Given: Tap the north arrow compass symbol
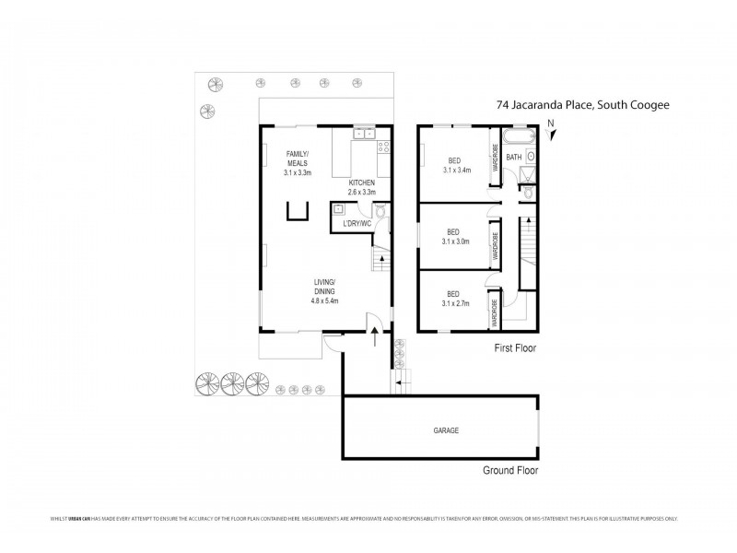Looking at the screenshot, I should tap(551, 133).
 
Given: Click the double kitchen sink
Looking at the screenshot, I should tap(364, 135).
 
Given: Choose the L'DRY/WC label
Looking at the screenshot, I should tap(357, 222).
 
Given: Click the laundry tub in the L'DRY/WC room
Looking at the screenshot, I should tap(340, 209).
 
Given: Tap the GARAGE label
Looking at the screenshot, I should tap(446, 430).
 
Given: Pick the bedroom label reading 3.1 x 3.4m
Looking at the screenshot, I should tap(456, 170).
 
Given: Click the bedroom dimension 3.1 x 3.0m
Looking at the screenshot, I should tap(456, 242).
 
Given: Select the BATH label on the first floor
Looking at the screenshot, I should tap(514, 157).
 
